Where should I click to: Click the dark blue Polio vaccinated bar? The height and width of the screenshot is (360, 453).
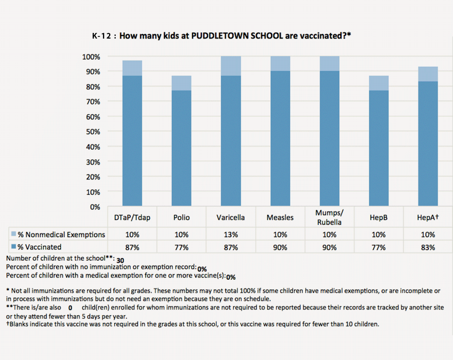coord(181,148)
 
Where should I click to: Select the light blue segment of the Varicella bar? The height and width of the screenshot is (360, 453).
coord(231,66)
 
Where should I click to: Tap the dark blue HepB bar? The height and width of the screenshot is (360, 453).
coord(379,148)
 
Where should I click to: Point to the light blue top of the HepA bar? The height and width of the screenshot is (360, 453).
coord(428,74)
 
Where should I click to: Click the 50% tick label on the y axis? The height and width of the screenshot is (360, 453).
coord(93,132)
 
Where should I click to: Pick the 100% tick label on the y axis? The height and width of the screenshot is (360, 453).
coord(91,57)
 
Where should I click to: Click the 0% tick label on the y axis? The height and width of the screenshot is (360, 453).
coord(95,207)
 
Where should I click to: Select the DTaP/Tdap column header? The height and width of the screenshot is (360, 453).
coord(132,218)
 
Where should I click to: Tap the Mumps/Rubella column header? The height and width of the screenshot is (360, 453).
coord(329,218)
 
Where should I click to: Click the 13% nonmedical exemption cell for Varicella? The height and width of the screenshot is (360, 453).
coord(231,235)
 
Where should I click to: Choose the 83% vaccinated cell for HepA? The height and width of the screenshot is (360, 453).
coord(428,247)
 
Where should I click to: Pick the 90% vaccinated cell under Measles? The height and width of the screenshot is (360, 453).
coord(280,247)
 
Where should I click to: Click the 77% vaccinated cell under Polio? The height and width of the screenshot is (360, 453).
coord(181,247)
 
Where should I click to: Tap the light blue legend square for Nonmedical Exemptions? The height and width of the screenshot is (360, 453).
coord(13,234)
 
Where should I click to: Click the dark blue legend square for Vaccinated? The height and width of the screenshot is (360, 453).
coord(13,246)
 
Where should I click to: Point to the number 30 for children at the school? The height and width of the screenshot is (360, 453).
coord(120,260)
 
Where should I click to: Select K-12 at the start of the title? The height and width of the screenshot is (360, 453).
coord(101,36)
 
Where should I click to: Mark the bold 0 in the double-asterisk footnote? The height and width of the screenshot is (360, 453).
coord(70,308)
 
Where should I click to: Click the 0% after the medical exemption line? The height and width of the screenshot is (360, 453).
coord(231,277)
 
